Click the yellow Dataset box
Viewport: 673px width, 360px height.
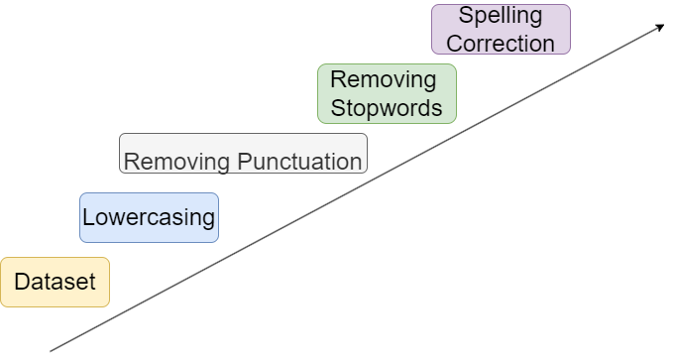55,283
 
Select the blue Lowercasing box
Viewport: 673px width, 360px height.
149,218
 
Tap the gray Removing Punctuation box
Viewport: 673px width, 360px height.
243,154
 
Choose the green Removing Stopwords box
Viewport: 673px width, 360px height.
387,94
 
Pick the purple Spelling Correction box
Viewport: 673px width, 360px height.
501,30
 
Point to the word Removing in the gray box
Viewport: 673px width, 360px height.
179,162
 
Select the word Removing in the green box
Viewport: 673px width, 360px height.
383,79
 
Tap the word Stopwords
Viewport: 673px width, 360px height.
387,108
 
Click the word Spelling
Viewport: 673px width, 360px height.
501,16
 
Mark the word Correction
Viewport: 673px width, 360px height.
501,44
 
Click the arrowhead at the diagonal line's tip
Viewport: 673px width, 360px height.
659,26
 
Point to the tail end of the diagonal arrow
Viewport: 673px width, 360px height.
51,350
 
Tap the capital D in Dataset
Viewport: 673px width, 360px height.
21,283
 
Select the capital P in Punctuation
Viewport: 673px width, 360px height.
247,162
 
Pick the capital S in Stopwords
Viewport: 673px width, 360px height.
337,108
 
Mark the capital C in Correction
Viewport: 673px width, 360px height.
454,44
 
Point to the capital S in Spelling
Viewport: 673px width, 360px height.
465,16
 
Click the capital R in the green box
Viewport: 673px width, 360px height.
337,79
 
